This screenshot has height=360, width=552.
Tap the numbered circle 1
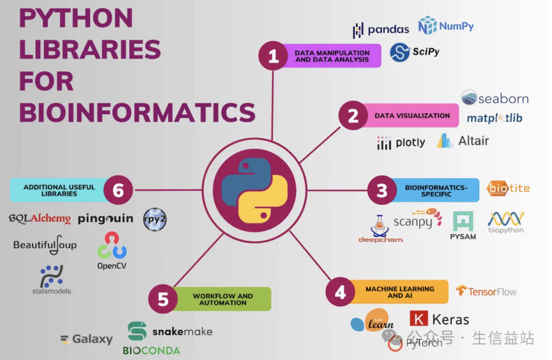(273, 56)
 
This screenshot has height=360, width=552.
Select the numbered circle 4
(340, 292)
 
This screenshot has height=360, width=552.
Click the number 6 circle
(118, 191)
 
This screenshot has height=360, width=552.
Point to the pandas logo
(381, 30)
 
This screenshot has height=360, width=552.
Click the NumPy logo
(446, 26)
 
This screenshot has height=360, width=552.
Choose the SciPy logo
(415, 52)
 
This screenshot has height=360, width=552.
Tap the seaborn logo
(494, 98)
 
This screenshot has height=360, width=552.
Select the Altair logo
(463, 141)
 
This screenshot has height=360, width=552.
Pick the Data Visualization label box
(411, 116)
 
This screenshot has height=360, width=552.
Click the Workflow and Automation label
(222, 299)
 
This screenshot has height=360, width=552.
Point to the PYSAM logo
(463, 226)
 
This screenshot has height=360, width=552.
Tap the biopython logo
(505, 222)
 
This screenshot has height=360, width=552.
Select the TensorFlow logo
(486, 291)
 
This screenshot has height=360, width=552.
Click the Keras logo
(439, 320)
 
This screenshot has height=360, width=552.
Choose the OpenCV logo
(112, 250)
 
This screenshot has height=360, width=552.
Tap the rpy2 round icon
(155, 219)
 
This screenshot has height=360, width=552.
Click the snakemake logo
(170, 331)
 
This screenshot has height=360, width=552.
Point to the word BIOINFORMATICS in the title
(137, 112)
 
